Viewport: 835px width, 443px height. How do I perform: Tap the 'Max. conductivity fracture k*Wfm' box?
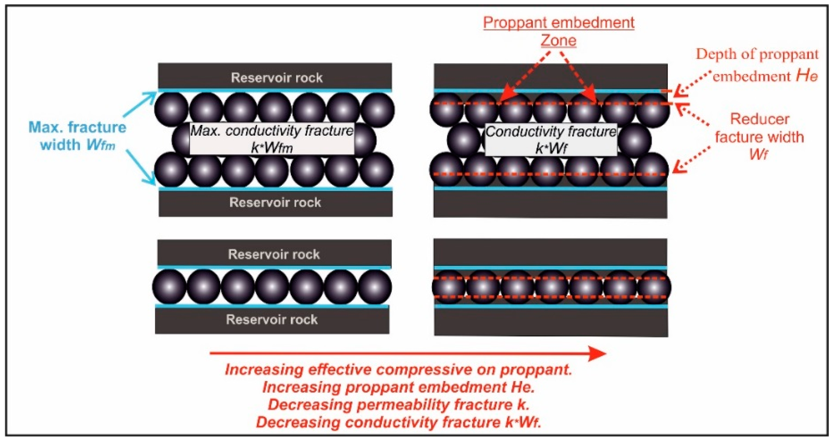(272, 139)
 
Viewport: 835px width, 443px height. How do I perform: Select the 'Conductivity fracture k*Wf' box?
(551, 140)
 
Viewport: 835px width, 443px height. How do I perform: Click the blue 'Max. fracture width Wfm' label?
(77, 136)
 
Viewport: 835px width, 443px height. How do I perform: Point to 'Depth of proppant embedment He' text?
(757, 65)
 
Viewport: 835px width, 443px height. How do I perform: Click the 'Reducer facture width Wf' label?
(759, 136)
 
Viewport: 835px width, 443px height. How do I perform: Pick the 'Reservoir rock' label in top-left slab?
(276, 78)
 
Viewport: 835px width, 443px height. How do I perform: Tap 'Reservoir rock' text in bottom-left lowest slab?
(272, 319)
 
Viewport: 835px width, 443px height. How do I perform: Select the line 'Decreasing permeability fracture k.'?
(398, 405)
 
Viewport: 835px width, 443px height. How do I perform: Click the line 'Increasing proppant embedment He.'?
(398, 387)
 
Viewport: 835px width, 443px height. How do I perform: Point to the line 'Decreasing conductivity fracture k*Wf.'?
(398, 422)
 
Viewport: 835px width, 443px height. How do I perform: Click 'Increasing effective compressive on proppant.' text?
(398, 370)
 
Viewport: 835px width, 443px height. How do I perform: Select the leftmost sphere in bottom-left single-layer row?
(169, 287)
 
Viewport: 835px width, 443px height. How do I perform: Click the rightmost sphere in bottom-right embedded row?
(654, 288)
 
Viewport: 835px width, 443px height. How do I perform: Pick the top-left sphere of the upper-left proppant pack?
(171, 110)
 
